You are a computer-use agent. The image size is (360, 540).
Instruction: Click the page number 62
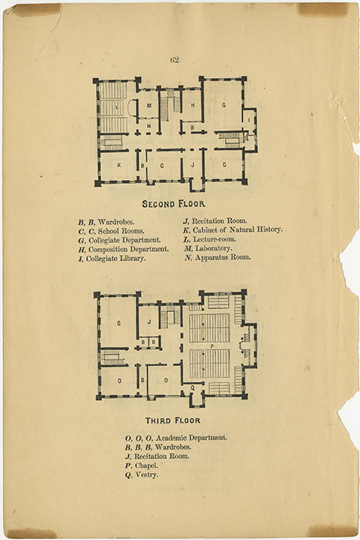(x=174, y=60)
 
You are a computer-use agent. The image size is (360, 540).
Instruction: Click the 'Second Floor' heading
(x=174, y=204)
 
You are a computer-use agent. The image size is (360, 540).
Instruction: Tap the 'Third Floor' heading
(x=172, y=421)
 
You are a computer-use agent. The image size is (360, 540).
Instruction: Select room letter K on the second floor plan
(x=119, y=165)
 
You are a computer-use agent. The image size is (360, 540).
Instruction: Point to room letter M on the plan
(x=149, y=106)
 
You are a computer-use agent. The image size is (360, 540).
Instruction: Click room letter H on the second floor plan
(x=193, y=106)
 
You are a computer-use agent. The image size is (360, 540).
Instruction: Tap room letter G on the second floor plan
(x=224, y=105)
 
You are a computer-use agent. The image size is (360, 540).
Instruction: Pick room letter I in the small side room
(x=249, y=119)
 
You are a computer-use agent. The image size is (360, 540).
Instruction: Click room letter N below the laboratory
(x=148, y=127)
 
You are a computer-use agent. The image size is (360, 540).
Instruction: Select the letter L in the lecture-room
(x=118, y=107)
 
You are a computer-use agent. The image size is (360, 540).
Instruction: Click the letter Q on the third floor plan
(x=193, y=388)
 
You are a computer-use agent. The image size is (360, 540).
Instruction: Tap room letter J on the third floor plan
(x=149, y=322)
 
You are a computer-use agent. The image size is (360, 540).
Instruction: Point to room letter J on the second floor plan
(x=193, y=165)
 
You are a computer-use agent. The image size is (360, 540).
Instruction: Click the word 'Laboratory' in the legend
(x=214, y=248)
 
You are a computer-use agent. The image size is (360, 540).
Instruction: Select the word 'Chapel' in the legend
(x=146, y=466)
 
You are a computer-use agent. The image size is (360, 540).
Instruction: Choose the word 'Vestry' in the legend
(x=147, y=475)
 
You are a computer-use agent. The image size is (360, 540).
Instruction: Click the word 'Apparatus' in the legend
(x=211, y=257)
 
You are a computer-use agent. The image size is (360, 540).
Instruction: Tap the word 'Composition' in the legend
(x=108, y=249)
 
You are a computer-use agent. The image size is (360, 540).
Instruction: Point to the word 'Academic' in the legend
(x=171, y=438)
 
